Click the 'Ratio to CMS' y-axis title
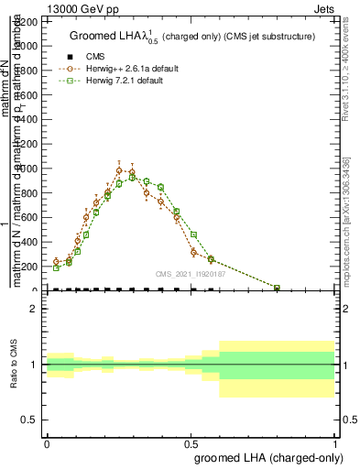coord(15,365)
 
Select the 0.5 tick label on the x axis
coord(191,444)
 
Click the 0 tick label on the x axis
coord(47,444)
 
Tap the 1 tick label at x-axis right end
coord(334,444)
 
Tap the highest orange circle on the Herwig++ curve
coord(119,170)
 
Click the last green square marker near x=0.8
coord(278,288)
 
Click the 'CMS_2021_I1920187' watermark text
coord(190,275)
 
